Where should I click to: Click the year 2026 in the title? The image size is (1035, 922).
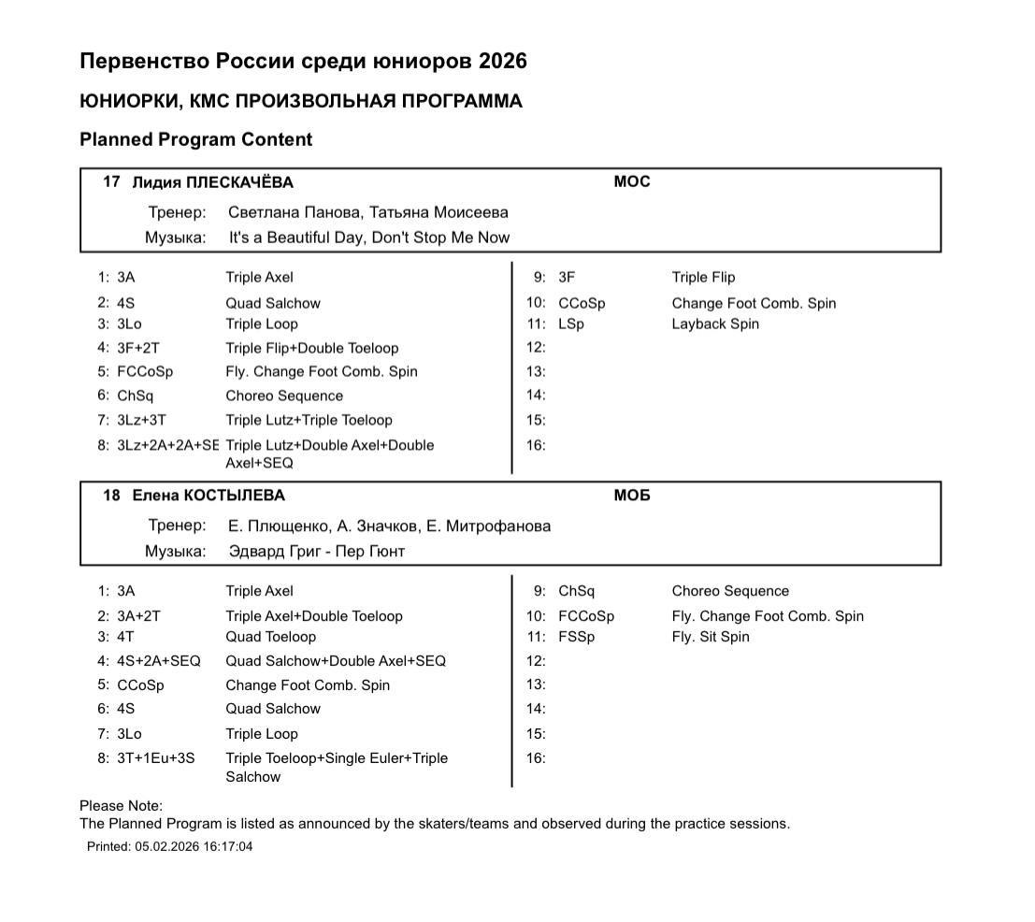click(502, 62)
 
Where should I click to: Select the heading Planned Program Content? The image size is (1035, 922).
click(195, 139)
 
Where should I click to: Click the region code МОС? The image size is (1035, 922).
click(631, 181)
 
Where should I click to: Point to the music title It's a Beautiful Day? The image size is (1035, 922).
click(295, 238)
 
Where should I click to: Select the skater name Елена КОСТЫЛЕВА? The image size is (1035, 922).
click(208, 496)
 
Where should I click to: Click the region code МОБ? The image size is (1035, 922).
click(631, 496)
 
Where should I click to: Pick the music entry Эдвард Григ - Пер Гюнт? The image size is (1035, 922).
click(316, 552)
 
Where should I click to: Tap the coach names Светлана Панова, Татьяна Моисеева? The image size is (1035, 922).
click(367, 212)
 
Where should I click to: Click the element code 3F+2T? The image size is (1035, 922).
click(138, 348)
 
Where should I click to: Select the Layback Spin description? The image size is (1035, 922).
click(715, 324)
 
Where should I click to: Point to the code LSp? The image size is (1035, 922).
click(570, 324)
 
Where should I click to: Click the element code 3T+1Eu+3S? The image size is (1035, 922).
click(156, 758)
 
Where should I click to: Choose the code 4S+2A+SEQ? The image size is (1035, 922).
click(159, 661)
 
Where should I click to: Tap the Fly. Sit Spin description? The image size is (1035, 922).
click(711, 637)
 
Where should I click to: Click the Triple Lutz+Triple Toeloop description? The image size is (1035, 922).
click(309, 420)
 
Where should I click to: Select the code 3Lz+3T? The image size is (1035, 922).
click(141, 420)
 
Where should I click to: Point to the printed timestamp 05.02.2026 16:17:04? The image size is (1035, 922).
click(194, 847)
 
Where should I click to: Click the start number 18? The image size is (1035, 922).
click(111, 496)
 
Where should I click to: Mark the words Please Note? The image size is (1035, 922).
click(121, 806)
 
